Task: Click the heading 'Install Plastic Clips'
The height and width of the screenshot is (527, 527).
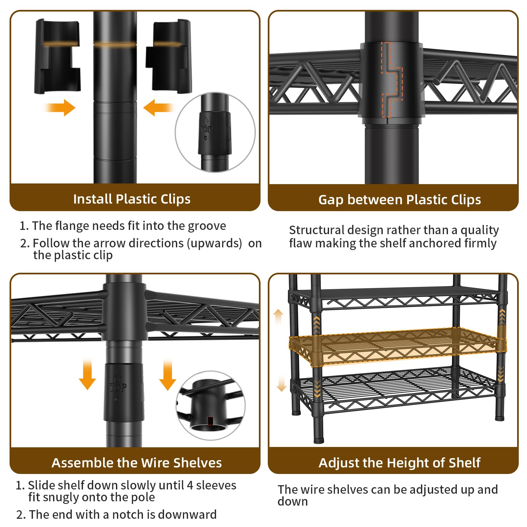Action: coord(132,199)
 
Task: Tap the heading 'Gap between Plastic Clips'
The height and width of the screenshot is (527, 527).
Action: coord(400,200)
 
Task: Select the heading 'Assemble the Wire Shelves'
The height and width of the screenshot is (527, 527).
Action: coord(137,463)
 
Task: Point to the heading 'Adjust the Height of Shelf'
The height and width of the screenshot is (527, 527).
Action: coord(400,463)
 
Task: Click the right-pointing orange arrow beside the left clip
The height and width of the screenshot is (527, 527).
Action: coord(60,108)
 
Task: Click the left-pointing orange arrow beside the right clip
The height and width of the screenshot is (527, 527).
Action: coord(159,108)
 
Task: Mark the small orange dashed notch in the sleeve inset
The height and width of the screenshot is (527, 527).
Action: coord(210,421)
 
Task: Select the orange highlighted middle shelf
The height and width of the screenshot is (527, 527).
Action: coord(395,346)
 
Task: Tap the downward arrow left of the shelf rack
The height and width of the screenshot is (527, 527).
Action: coord(281,383)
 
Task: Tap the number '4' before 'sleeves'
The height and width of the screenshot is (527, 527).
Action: coord(190,485)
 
